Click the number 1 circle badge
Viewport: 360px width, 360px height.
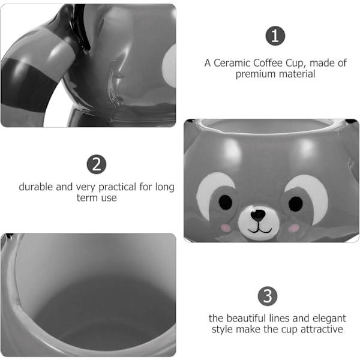pyautogui.click(x=275, y=36)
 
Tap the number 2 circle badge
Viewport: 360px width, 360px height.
pyautogui.click(x=97, y=164)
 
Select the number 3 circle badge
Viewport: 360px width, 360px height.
pyautogui.click(x=268, y=296)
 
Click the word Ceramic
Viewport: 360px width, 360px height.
pyautogui.click(x=232, y=63)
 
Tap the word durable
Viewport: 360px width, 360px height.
pyautogui.click(x=36, y=187)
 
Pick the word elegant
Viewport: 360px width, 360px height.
pyautogui.click(x=329, y=319)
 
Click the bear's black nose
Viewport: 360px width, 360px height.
pyautogui.click(x=258, y=215)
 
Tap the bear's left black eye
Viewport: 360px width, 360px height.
pyautogui.click(x=226, y=202)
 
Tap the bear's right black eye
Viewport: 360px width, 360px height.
pyautogui.click(x=295, y=204)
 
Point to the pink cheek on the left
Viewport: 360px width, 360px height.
pyautogui.click(x=226, y=228)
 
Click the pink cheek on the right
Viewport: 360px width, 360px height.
pyautogui.click(x=294, y=228)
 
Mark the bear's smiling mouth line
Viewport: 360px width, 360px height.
pyautogui.click(x=260, y=229)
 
